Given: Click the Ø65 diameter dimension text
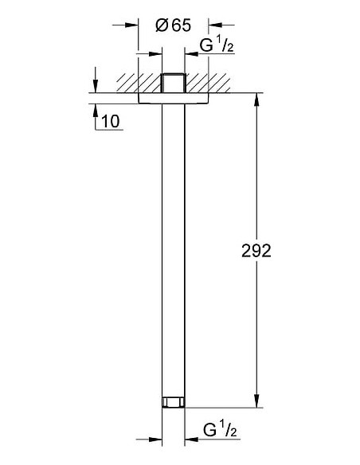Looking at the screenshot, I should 172,25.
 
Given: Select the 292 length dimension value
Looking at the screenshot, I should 256,251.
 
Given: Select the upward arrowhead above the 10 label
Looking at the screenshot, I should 96,107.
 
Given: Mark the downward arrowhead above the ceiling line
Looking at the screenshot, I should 96,87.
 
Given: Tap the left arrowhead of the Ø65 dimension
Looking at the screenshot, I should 133,25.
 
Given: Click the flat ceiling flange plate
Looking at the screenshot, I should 173,98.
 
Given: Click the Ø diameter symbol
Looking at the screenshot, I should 160,25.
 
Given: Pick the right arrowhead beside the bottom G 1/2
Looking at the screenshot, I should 191,438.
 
